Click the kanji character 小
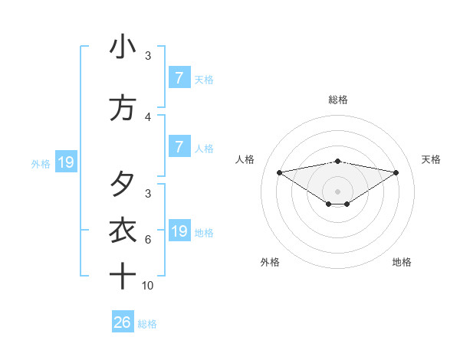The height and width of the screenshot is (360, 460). (123, 47)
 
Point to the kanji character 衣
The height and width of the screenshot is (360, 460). (123, 230)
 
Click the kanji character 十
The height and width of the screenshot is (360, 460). (123, 275)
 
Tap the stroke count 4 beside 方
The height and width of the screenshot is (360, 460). (148, 117)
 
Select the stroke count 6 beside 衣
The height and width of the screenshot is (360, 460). (148, 239)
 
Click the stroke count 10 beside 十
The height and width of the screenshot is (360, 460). (148, 285)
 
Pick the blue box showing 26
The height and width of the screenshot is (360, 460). (123, 322)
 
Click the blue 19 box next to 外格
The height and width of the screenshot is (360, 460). (65, 162)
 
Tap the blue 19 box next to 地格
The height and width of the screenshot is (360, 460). (179, 231)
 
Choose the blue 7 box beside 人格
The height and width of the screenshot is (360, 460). (179, 147)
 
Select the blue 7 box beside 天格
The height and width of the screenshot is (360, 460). (179, 78)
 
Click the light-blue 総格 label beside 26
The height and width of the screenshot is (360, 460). (147, 324)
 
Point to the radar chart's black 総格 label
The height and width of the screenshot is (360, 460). (337, 100)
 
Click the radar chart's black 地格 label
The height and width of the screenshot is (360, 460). (402, 262)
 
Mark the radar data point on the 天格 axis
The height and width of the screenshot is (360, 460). (396, 172)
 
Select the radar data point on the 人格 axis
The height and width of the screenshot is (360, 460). (279, 172)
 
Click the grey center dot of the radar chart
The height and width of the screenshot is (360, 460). (337, 191)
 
